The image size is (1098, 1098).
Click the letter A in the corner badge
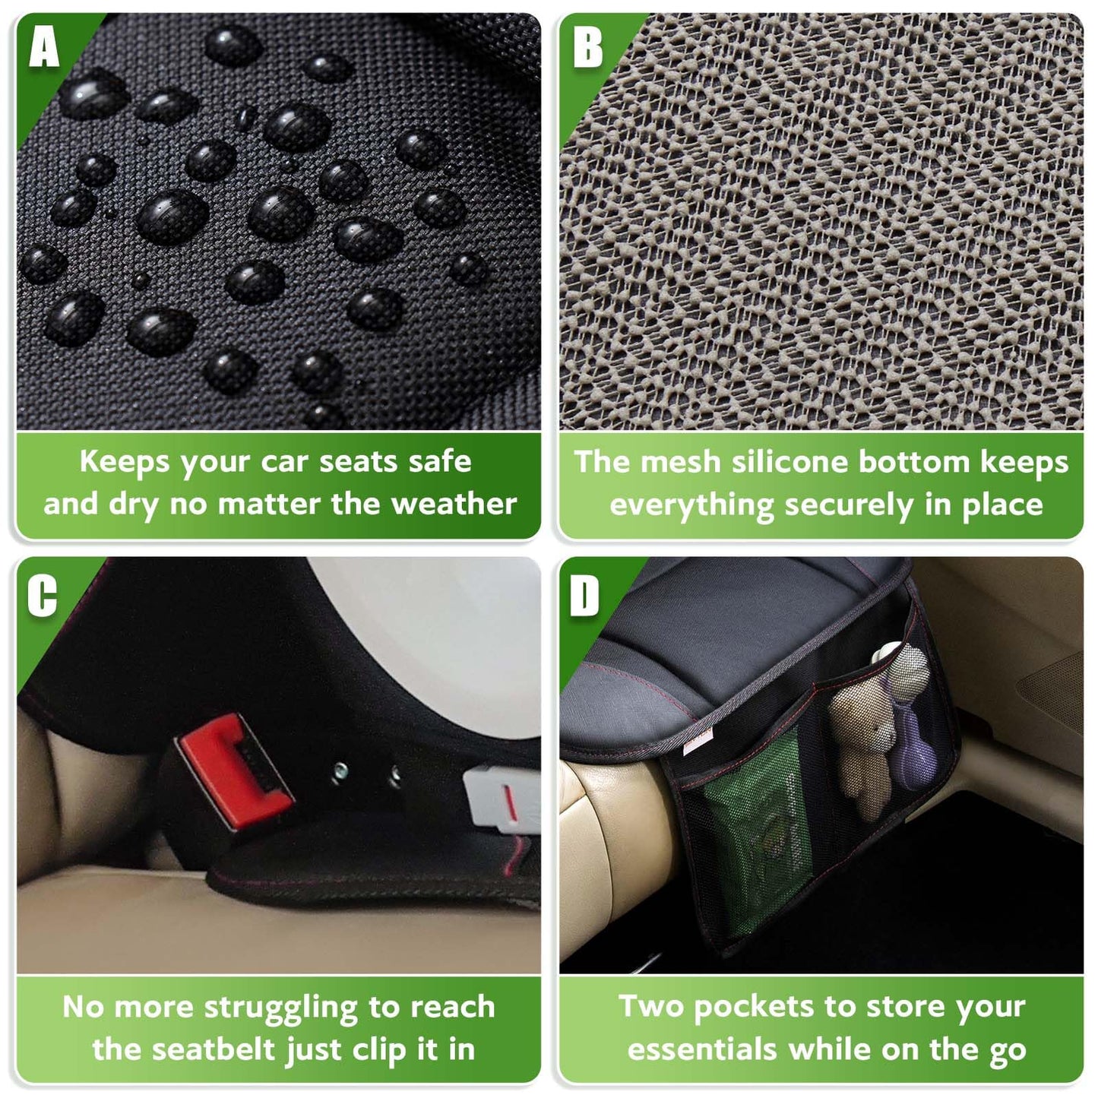click(44, 48)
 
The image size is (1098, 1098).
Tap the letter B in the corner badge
click(587, 48)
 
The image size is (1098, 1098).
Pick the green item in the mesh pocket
click(756, 828)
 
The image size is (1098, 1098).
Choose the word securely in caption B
click(849, 505)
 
